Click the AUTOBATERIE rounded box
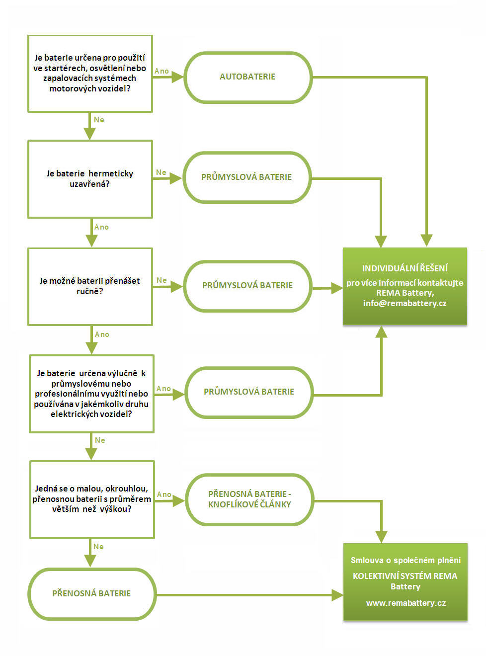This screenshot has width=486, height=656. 248,78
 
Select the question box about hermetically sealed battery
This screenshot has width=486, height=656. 90,179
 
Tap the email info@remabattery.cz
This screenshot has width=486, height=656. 405,303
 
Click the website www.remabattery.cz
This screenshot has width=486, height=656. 406,603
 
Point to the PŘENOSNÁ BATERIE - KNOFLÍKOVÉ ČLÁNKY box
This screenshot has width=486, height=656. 249,499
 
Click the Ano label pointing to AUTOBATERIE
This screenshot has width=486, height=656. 162,71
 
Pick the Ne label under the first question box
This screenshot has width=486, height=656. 99,120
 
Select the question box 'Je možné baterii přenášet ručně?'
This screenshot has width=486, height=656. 90,287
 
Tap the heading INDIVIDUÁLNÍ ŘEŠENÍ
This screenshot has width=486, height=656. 405,268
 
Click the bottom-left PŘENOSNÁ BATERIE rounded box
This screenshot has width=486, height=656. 92,594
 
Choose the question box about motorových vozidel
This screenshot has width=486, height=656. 90,74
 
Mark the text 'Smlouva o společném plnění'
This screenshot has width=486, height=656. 405,560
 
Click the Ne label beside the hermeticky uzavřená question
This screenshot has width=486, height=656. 161,172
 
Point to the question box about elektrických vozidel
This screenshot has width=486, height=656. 92,394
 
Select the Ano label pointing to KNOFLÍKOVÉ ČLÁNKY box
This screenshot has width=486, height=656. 164,494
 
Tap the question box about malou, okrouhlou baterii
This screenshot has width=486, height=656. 92,499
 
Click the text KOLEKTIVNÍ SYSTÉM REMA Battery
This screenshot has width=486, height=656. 405,581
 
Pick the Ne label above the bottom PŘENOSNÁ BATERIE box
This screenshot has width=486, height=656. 98,547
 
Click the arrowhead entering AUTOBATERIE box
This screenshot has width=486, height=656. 177,77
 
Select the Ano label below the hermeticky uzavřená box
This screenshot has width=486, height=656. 101,227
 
